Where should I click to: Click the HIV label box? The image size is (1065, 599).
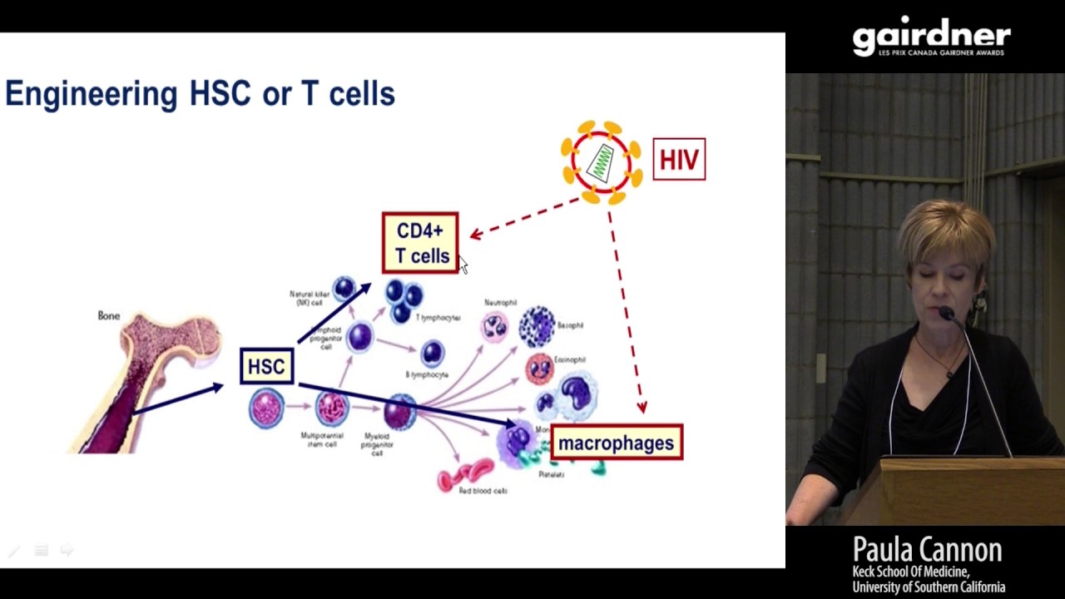click(679, 159)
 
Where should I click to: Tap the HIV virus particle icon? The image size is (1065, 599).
click(601, 161)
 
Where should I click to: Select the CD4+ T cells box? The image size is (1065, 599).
click(420, 243)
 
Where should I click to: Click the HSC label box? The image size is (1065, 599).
click(266, 367)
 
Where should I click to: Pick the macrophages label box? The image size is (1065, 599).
click(616, 443)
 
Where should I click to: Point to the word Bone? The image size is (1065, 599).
click(109, 316)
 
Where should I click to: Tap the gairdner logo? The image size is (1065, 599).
click(931, 37)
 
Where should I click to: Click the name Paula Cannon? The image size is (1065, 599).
click(927, 550)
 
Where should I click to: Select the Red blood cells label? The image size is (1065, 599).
click(483, 491)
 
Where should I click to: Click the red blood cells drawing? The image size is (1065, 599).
click(466, 474)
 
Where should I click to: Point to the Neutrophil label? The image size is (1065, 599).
click(500, 302)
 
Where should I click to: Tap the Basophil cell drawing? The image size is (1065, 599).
click(537, 325)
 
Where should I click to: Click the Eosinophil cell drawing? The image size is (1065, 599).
click(539, 368)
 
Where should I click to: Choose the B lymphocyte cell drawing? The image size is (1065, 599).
click(432, 354)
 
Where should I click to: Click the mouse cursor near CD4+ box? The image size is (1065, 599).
click(463, 264)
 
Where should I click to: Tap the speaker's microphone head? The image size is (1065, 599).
click(945, 313)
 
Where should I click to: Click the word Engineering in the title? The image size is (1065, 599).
click(92, 94)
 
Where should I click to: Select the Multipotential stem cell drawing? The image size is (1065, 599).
click(331, 408)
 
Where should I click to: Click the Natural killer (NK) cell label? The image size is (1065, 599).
click(309, 298)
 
